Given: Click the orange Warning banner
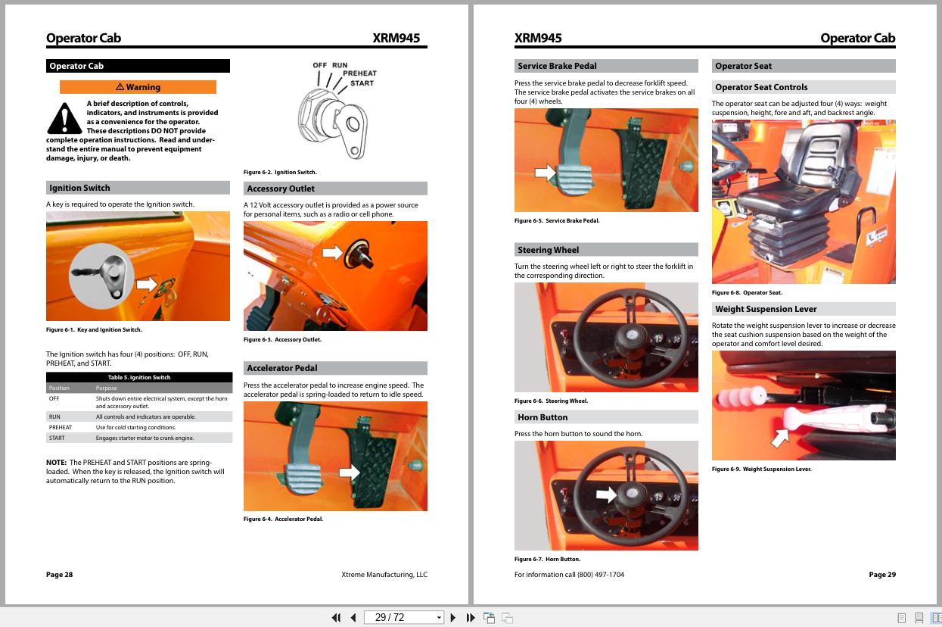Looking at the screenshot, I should click(138, 87).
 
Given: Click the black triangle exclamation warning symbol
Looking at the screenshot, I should click(64, 118).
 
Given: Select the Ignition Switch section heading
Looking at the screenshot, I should click(138, 188).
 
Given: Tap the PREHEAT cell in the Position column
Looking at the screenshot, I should click(61, 427).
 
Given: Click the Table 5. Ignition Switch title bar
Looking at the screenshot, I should click(139, 377).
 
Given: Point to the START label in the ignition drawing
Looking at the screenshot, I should click(362, 83).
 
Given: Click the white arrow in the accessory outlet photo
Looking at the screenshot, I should click(332, 252).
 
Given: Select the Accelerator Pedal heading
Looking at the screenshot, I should click(335, 368).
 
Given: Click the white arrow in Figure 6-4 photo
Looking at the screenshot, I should click(349, 472).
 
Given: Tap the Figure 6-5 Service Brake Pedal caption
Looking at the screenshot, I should click(556, 221).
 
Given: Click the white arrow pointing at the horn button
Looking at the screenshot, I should click(606, 494).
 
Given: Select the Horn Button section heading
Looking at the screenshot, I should click(606, 417).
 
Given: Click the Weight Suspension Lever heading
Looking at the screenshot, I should click(804, 309).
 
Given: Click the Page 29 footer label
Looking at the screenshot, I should click(881, 575).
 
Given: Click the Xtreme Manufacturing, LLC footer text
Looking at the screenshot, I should click(384, 575).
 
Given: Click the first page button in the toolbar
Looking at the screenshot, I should click(336, 618).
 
